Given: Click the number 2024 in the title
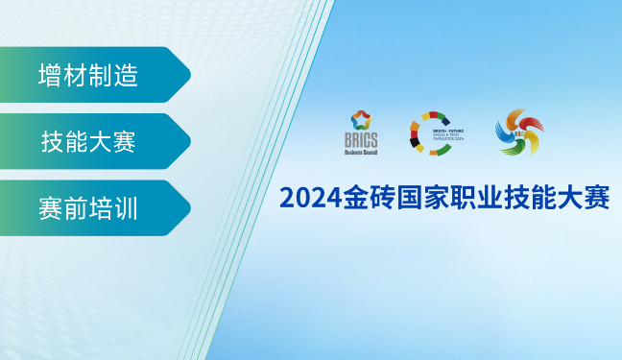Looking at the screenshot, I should (x=304, y=198).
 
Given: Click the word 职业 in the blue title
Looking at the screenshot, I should (x=472, y=198).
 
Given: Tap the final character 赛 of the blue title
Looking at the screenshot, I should (x=597, y=198).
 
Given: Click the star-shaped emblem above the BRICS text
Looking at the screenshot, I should (x=362, y=121).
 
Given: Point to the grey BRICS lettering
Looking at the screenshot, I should (x=362, y=140).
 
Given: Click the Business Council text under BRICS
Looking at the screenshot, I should (x=362, y=152).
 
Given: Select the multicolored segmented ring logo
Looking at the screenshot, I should (x=437, y=132).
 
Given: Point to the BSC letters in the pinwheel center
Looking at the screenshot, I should (x=518, y=134).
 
